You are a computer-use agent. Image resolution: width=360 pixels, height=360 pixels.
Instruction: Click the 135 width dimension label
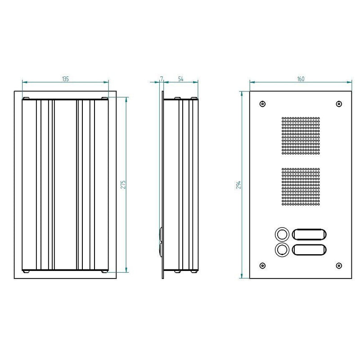(x=65, y=79)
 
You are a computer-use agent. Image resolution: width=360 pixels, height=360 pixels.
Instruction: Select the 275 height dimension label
(x=123, y=184)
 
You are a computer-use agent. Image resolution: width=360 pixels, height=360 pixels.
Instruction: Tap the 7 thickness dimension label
(x=162, y=79)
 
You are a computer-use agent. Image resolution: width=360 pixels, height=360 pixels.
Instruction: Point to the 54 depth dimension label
(x=181, y=79)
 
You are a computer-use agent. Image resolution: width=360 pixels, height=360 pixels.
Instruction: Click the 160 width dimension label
(x=301, y=79)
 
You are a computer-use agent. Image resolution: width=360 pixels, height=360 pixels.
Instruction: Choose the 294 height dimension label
(x=239, y=184)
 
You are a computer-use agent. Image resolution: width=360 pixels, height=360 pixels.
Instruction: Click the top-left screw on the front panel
(x=262, y=104)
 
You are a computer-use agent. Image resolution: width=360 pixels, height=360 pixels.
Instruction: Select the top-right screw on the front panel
(x=339, y=104)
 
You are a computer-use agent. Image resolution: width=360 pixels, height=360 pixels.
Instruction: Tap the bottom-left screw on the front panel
(x=262, y=265)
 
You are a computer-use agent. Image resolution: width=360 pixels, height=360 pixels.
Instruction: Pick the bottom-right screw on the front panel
(x=339, y=265)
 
